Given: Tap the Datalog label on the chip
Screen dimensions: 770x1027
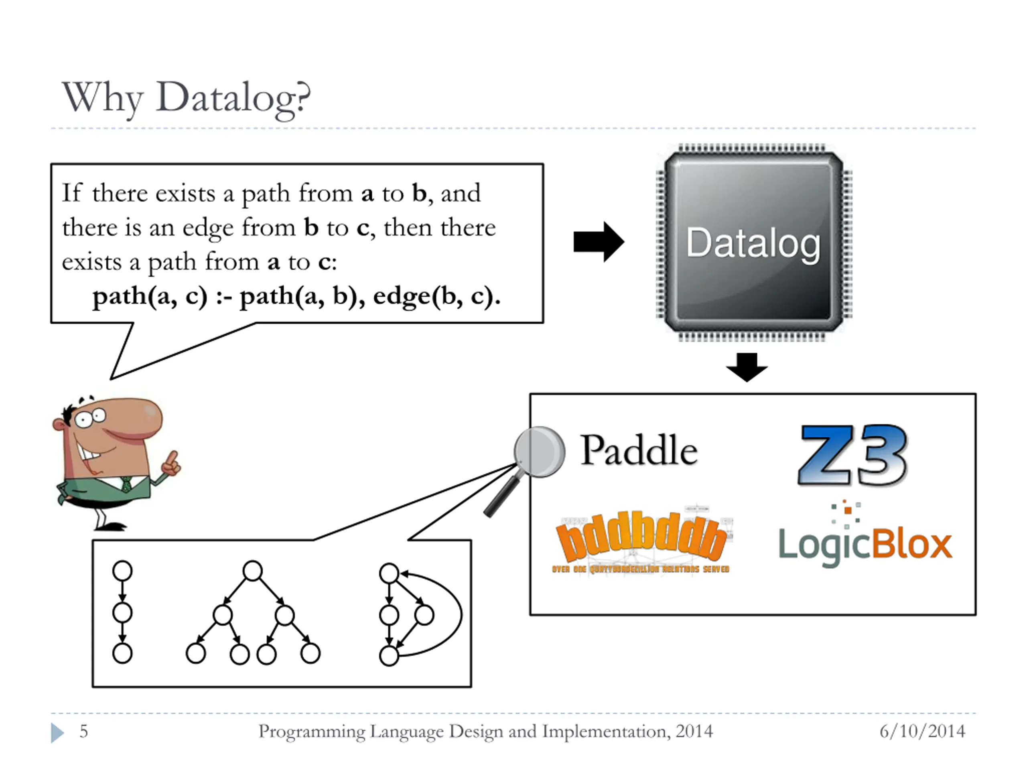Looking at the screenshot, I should [x=753, y=243].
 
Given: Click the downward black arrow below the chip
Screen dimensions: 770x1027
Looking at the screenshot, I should [x=747, y=367].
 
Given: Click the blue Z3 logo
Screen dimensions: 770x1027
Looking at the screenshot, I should [x=852, y=455].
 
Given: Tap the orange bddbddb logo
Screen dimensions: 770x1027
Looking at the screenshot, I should [x=641, y=538].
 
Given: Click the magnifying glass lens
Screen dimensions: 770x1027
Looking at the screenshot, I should [x=540, y=452].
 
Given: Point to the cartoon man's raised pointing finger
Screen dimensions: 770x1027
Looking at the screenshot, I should [x=173, y=459].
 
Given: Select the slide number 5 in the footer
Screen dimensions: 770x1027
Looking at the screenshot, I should [x=83, y=731].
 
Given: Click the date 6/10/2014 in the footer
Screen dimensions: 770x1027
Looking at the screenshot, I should [x=922, y=731].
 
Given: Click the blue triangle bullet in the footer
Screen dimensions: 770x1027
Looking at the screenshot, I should [x=57, y=733].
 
